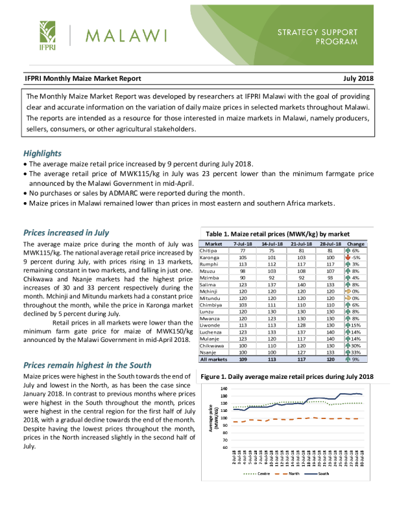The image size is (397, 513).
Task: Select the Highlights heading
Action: pos(43,154)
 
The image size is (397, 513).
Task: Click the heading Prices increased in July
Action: pos(66,232)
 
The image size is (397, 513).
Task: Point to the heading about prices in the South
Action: pos(88,365)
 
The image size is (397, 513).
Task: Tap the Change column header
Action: pos(356,244)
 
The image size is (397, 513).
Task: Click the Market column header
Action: pos(213,244)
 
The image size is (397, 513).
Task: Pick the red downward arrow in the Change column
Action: pos(348,258)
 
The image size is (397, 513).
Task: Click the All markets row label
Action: pos(213,358)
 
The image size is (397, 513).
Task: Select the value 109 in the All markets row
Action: pos(243,358)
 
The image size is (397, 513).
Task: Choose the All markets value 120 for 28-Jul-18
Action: pos(331,358)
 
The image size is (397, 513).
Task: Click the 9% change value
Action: pos(355,358)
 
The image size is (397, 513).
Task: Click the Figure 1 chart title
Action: pos(287,377)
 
